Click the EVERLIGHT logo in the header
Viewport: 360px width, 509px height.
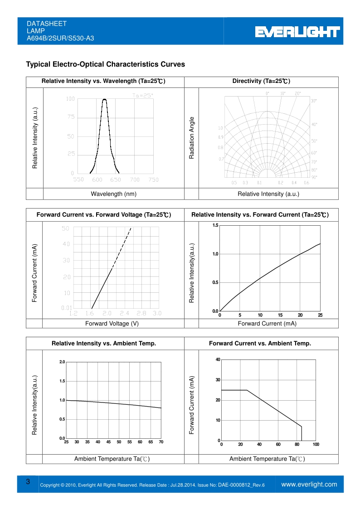pyautogui.click(x=297, y=32)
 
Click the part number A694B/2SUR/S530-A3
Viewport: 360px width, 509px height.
pyautogui.click(x=60, y=39)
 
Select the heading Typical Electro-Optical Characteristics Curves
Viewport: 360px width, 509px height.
pyautogui.click(x=106, y=64)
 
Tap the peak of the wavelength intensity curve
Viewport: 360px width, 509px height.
pyautogui.click(x=105, y=99)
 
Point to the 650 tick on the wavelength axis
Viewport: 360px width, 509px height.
pyautogui.click(x=116, y=180)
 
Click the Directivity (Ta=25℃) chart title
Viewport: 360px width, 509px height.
pyautogui.click(x=261, y=82)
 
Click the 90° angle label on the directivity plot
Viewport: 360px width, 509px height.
pyautogui.click(x=314, y=177)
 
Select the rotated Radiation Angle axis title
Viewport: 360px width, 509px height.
pyautogui.click(x=192, y=138)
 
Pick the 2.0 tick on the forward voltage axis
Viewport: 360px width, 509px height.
pyautogui.click(x=107, y=313)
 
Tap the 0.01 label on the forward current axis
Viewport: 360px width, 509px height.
pyautogui.click(x=66, y=308)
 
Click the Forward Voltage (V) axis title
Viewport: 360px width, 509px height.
pyautogui.click(x=112, y=324)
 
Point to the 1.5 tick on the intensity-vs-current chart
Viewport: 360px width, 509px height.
pyautogui.click(x=215, y=225)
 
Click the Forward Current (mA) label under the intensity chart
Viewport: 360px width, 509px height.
pyautogui.click(x=261, y=324)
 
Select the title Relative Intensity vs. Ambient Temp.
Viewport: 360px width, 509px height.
pyautogui.click(x=104, y=344)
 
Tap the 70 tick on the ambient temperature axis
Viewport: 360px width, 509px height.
pyautogui.click(x=161, y=442)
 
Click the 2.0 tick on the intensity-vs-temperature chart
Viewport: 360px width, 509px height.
pyautogui.click(x=62, y=362)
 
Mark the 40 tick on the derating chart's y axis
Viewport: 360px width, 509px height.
pyautogui.click(x=218, y=360)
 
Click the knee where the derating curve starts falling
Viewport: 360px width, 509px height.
pyautogui.click(x=247, y=390)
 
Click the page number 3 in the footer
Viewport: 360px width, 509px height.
pyautogui.click(x=28, y=482)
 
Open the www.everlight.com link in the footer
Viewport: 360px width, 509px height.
pyautogui.click(x=309, y=485)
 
